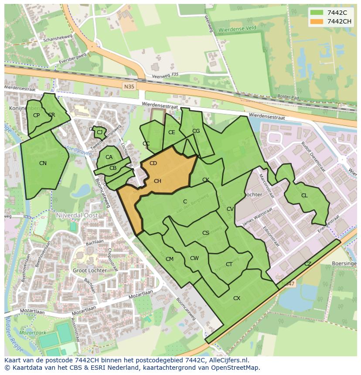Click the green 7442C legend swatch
tap(317, 13)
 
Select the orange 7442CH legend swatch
tap(317, 21)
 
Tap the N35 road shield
tap(129, 86)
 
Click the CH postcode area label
tap(157, 181)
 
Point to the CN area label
tap(43, 163)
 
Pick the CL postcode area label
tap(304, 196)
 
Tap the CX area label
tap(237, 298)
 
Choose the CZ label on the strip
tap(308, 264)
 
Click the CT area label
tap(229, 264)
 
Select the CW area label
tap(194, 258)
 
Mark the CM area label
tap(170, 259)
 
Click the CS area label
tap(206, 233)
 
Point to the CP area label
tap(36, 115)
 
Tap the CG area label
tap(196, 131)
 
